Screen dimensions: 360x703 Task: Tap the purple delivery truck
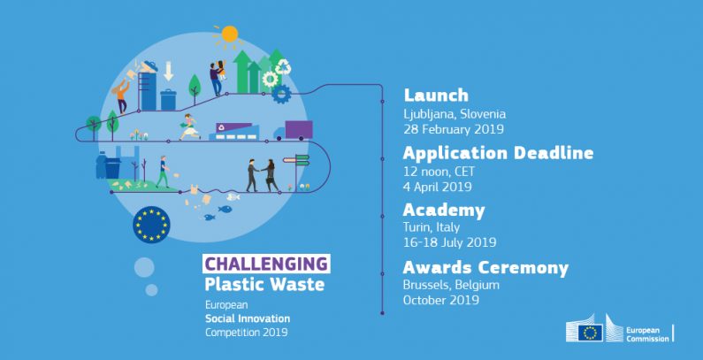pos(294,131)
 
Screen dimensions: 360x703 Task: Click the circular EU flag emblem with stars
pos(150,224)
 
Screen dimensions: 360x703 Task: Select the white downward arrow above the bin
pos(169,72)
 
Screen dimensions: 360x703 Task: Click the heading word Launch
pos(436,96)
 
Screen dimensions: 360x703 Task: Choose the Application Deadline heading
pos(498,153)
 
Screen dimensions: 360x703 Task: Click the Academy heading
pos(444,211)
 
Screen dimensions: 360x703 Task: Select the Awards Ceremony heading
pos(485,268)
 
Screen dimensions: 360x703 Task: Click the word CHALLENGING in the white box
pos(266,264)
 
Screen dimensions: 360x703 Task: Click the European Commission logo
pos(619,332)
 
